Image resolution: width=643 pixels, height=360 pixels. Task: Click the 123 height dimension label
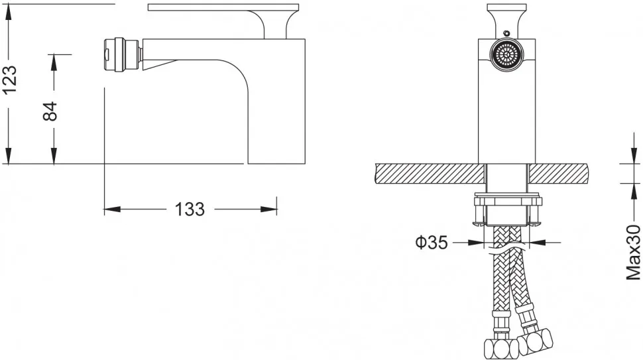[10, 80]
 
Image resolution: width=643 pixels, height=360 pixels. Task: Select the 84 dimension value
[50, 111]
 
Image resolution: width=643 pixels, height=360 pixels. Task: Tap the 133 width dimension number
[190, 210]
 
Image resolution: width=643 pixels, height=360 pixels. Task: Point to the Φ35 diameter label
[432, 243]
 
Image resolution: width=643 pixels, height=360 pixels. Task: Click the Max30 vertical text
[633, 253]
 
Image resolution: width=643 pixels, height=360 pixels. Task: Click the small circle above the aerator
[507, 33]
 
